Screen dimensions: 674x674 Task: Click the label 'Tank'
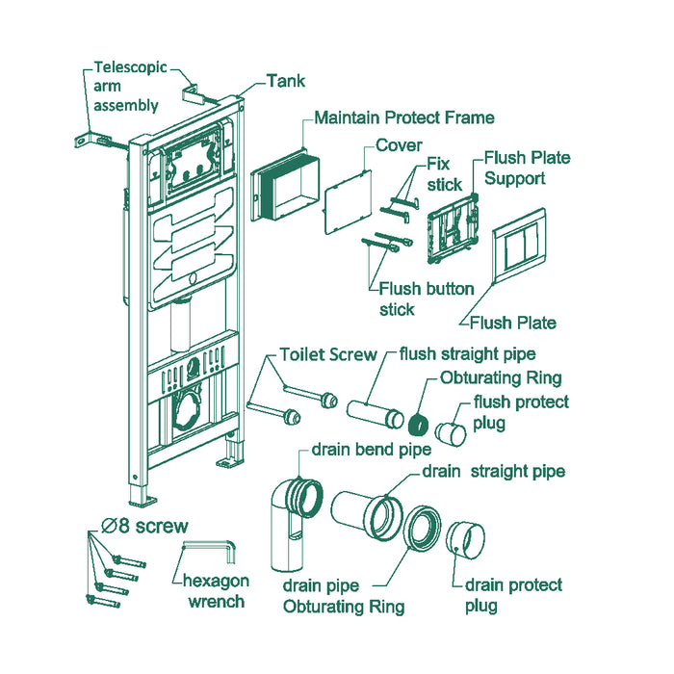pos(286,81)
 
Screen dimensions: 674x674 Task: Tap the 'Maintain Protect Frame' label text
pos(404,117)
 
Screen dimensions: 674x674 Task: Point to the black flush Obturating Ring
pos(418,424)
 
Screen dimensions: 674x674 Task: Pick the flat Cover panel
pos(348,202)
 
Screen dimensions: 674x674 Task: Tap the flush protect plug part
pos(451,433)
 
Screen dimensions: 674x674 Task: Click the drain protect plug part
pos(465,539)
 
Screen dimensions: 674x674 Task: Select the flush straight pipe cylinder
pos(376,414)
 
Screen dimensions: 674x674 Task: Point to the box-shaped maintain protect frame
pos(285,186)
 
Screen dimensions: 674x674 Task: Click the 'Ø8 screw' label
pos(144,526)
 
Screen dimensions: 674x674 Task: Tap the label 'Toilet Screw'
pos(328,354)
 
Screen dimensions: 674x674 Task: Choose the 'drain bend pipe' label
pos(372,450)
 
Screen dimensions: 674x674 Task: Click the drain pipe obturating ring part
pos(423,528)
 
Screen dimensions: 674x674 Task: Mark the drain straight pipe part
pos(368,515)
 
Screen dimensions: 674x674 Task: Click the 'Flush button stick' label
pos(427,298)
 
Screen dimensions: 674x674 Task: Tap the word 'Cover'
pos(399,145)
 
